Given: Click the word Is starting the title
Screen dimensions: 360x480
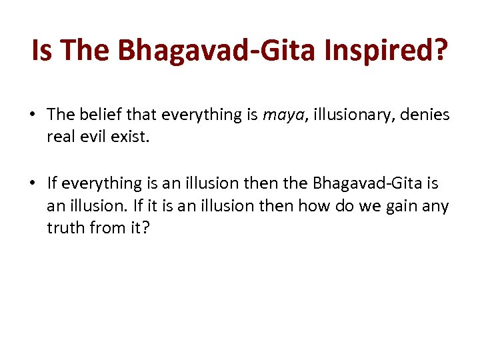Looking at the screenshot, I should click(x=41, y=51).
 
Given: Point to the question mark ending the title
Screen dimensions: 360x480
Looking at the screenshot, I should click(x=443, y=51).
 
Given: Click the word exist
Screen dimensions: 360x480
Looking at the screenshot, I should click(x=129, y=137).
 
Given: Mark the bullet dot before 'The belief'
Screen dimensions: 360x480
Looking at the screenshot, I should click(x=32, y=115).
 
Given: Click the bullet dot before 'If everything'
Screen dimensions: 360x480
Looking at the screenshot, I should click(x=32, y=183).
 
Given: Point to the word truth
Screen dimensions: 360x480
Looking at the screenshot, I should click(x=64, y=229).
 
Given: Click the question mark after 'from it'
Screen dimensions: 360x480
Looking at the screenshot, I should click(x=145, y=229).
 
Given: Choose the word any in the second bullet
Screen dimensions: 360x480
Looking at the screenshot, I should click(x=437, y=206).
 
